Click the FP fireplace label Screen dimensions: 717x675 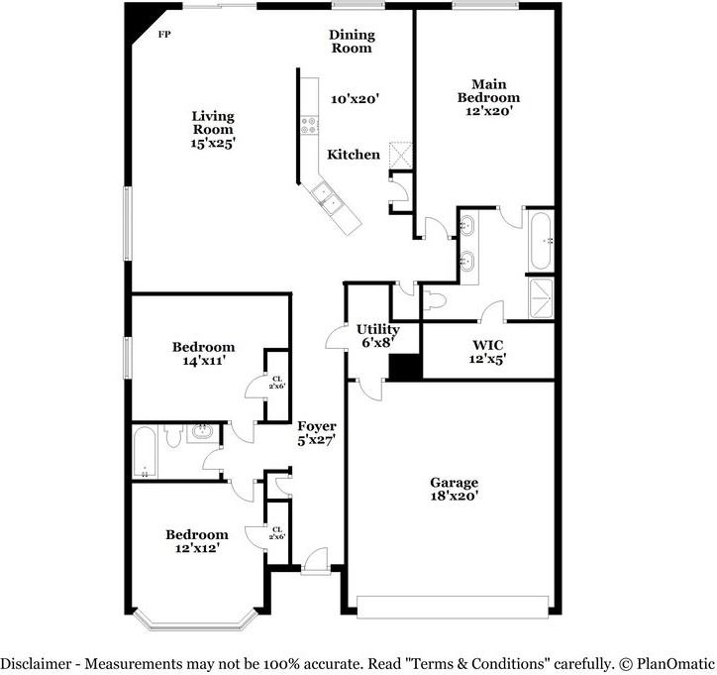point(164,34)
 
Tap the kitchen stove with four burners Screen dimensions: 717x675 point(309,126)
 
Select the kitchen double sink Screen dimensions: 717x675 point(327,197)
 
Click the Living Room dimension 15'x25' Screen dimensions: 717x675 point(213,144)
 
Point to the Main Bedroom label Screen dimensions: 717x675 point(488,90)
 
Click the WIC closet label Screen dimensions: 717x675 point(488,345)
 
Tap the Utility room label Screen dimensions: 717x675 point(377,329)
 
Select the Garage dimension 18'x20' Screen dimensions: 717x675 point(455,496)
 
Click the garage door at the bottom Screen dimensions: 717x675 point(453,607)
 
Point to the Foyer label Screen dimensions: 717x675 point(317,426)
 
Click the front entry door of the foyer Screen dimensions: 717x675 point(316,560)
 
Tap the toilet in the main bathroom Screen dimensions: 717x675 point(434,300)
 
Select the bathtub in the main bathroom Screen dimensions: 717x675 point(541,241)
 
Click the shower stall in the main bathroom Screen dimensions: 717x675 point(541,298)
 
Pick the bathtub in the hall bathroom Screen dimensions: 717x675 point(145,452)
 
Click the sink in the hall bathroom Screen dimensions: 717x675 point(203,432)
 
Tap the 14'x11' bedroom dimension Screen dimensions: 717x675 point(203,361)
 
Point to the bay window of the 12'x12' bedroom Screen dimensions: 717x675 point(196,620)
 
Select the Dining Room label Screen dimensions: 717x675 point(352,42)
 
